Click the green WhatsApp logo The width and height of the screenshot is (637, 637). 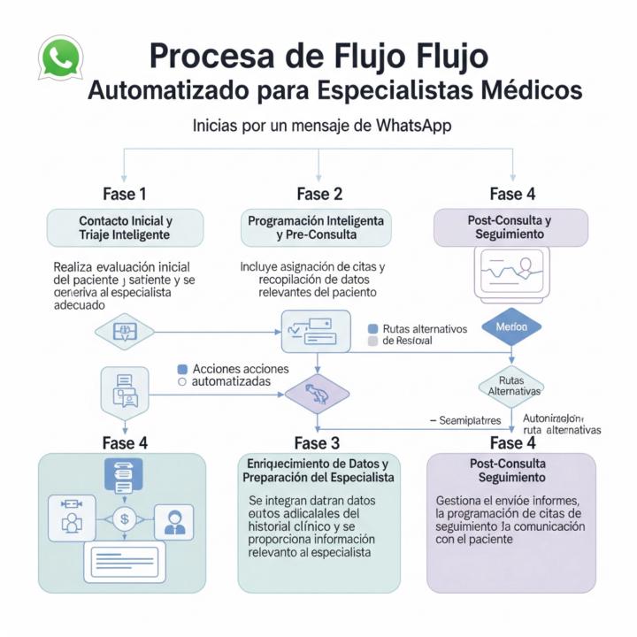point(60,58)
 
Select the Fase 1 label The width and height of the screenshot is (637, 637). point(125,194)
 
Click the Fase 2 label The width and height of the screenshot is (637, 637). point(318,194)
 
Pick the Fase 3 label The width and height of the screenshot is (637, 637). point(317,442)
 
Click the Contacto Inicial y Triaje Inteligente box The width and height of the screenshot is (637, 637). point(125,227)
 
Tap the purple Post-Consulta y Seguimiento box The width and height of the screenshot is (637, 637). point(510,227)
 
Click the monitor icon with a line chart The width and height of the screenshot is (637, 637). point(511,272)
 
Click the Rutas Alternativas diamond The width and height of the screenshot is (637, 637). point(511,385)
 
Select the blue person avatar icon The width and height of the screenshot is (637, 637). point(173,522)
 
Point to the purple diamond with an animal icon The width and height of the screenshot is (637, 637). point(316,389)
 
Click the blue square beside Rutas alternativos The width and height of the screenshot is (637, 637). point(372,327)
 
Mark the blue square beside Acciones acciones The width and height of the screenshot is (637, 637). point(182,368)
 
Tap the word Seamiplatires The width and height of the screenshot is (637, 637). point(470,420)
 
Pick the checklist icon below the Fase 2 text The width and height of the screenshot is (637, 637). point(309,328)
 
